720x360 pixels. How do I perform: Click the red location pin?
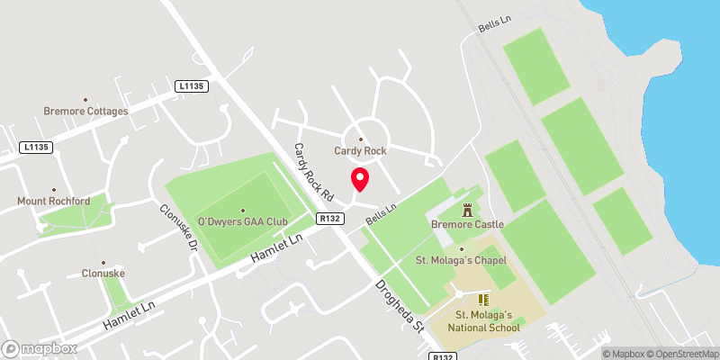[359, 179]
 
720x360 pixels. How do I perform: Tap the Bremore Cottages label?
[85, 112]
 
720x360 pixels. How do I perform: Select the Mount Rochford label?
[53, 202]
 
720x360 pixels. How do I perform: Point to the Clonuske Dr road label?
[177, 223]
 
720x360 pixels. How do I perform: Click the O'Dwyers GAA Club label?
[242, 221]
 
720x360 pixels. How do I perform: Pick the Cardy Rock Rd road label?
[314, 171]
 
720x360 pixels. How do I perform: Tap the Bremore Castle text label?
[467, 223]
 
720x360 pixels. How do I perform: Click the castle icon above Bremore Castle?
[467, 210]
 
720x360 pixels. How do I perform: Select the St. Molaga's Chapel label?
[461, 260]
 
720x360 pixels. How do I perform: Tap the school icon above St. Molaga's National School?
[482, 299]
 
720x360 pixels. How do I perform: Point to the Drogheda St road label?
[400, 303]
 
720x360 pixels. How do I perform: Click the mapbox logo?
[40, 348]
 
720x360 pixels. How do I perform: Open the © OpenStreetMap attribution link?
[679, 354]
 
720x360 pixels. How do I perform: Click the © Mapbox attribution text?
[624, 354]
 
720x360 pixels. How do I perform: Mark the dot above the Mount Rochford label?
[53, 190]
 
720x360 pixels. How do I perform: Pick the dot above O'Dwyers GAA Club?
[242, 211]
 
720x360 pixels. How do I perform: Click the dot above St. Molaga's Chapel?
[461, 249]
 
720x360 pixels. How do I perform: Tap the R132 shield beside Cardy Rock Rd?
[328, 218]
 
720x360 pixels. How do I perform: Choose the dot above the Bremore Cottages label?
[85, 100]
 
